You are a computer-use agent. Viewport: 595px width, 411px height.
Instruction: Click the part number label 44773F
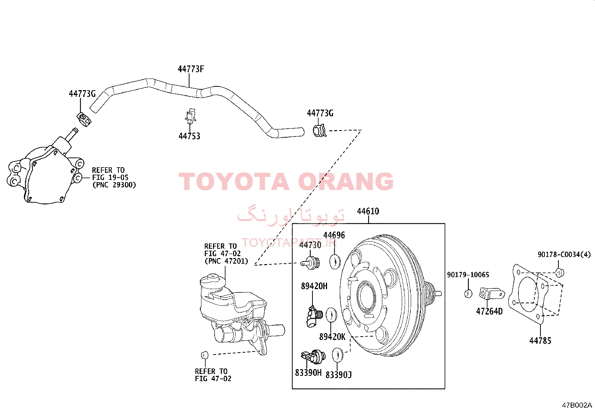point(191,69)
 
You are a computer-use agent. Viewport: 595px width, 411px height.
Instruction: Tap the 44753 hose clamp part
point(191,116)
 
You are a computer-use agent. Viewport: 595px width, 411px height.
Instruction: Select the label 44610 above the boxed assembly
point(368,211)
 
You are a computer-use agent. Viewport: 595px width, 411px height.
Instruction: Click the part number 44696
point(334,235)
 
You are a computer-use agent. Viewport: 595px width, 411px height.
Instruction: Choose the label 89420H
point(314,286)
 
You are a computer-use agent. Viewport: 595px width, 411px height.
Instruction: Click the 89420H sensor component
point(314,316)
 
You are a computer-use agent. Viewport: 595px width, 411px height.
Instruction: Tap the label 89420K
point(332,337)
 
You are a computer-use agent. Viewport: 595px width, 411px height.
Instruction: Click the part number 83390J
point(339,375)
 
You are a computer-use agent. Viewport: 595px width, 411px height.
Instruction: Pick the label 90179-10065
point(468,274)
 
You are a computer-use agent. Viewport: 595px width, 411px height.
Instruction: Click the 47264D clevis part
point(492,294)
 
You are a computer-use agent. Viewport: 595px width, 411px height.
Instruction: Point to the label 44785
point(540,341)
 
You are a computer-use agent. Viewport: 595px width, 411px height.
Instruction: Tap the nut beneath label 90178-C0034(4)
point(559,273)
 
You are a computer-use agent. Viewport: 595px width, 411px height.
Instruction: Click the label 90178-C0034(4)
point(564,254)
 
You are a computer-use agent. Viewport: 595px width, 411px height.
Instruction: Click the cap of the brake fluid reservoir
point(213,280)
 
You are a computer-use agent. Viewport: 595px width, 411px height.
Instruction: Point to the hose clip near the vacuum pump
point(84,119)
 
